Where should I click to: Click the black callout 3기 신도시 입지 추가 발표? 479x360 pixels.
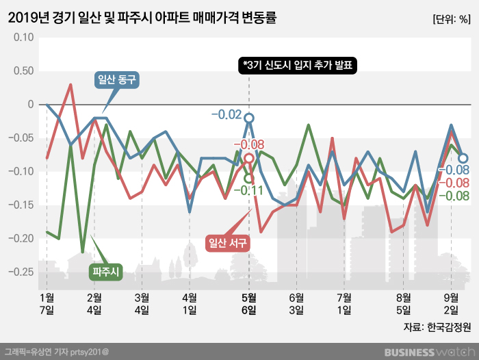(298, 65)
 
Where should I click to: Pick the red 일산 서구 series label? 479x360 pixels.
(226, 242)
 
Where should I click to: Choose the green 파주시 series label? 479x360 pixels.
(106, 272)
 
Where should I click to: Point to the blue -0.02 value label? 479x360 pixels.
(226, 114)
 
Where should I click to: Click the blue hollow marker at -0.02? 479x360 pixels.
(249, 118)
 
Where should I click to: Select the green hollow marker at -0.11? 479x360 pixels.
(249, 178)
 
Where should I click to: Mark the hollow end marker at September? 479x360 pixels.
(463, 158)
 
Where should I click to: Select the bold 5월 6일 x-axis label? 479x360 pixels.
(249, 303)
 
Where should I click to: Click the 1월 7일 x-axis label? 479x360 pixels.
(47, 303)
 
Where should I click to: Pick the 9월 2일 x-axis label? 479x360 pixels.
(451, 303)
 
